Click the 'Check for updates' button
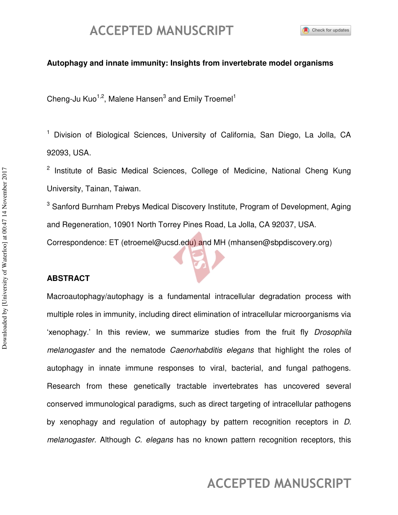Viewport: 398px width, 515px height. [326, 30]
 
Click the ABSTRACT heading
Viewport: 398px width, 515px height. [68, 278]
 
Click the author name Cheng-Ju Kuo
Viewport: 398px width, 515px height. [71, 100]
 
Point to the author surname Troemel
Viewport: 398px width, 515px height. [218, 100]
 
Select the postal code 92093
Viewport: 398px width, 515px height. [58, 153]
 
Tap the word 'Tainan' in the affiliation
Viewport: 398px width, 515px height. [96, 189]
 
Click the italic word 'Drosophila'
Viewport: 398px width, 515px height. [333, 332]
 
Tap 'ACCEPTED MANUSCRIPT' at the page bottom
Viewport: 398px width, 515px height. [279, 484]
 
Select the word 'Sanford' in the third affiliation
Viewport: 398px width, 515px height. [65, 207]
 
